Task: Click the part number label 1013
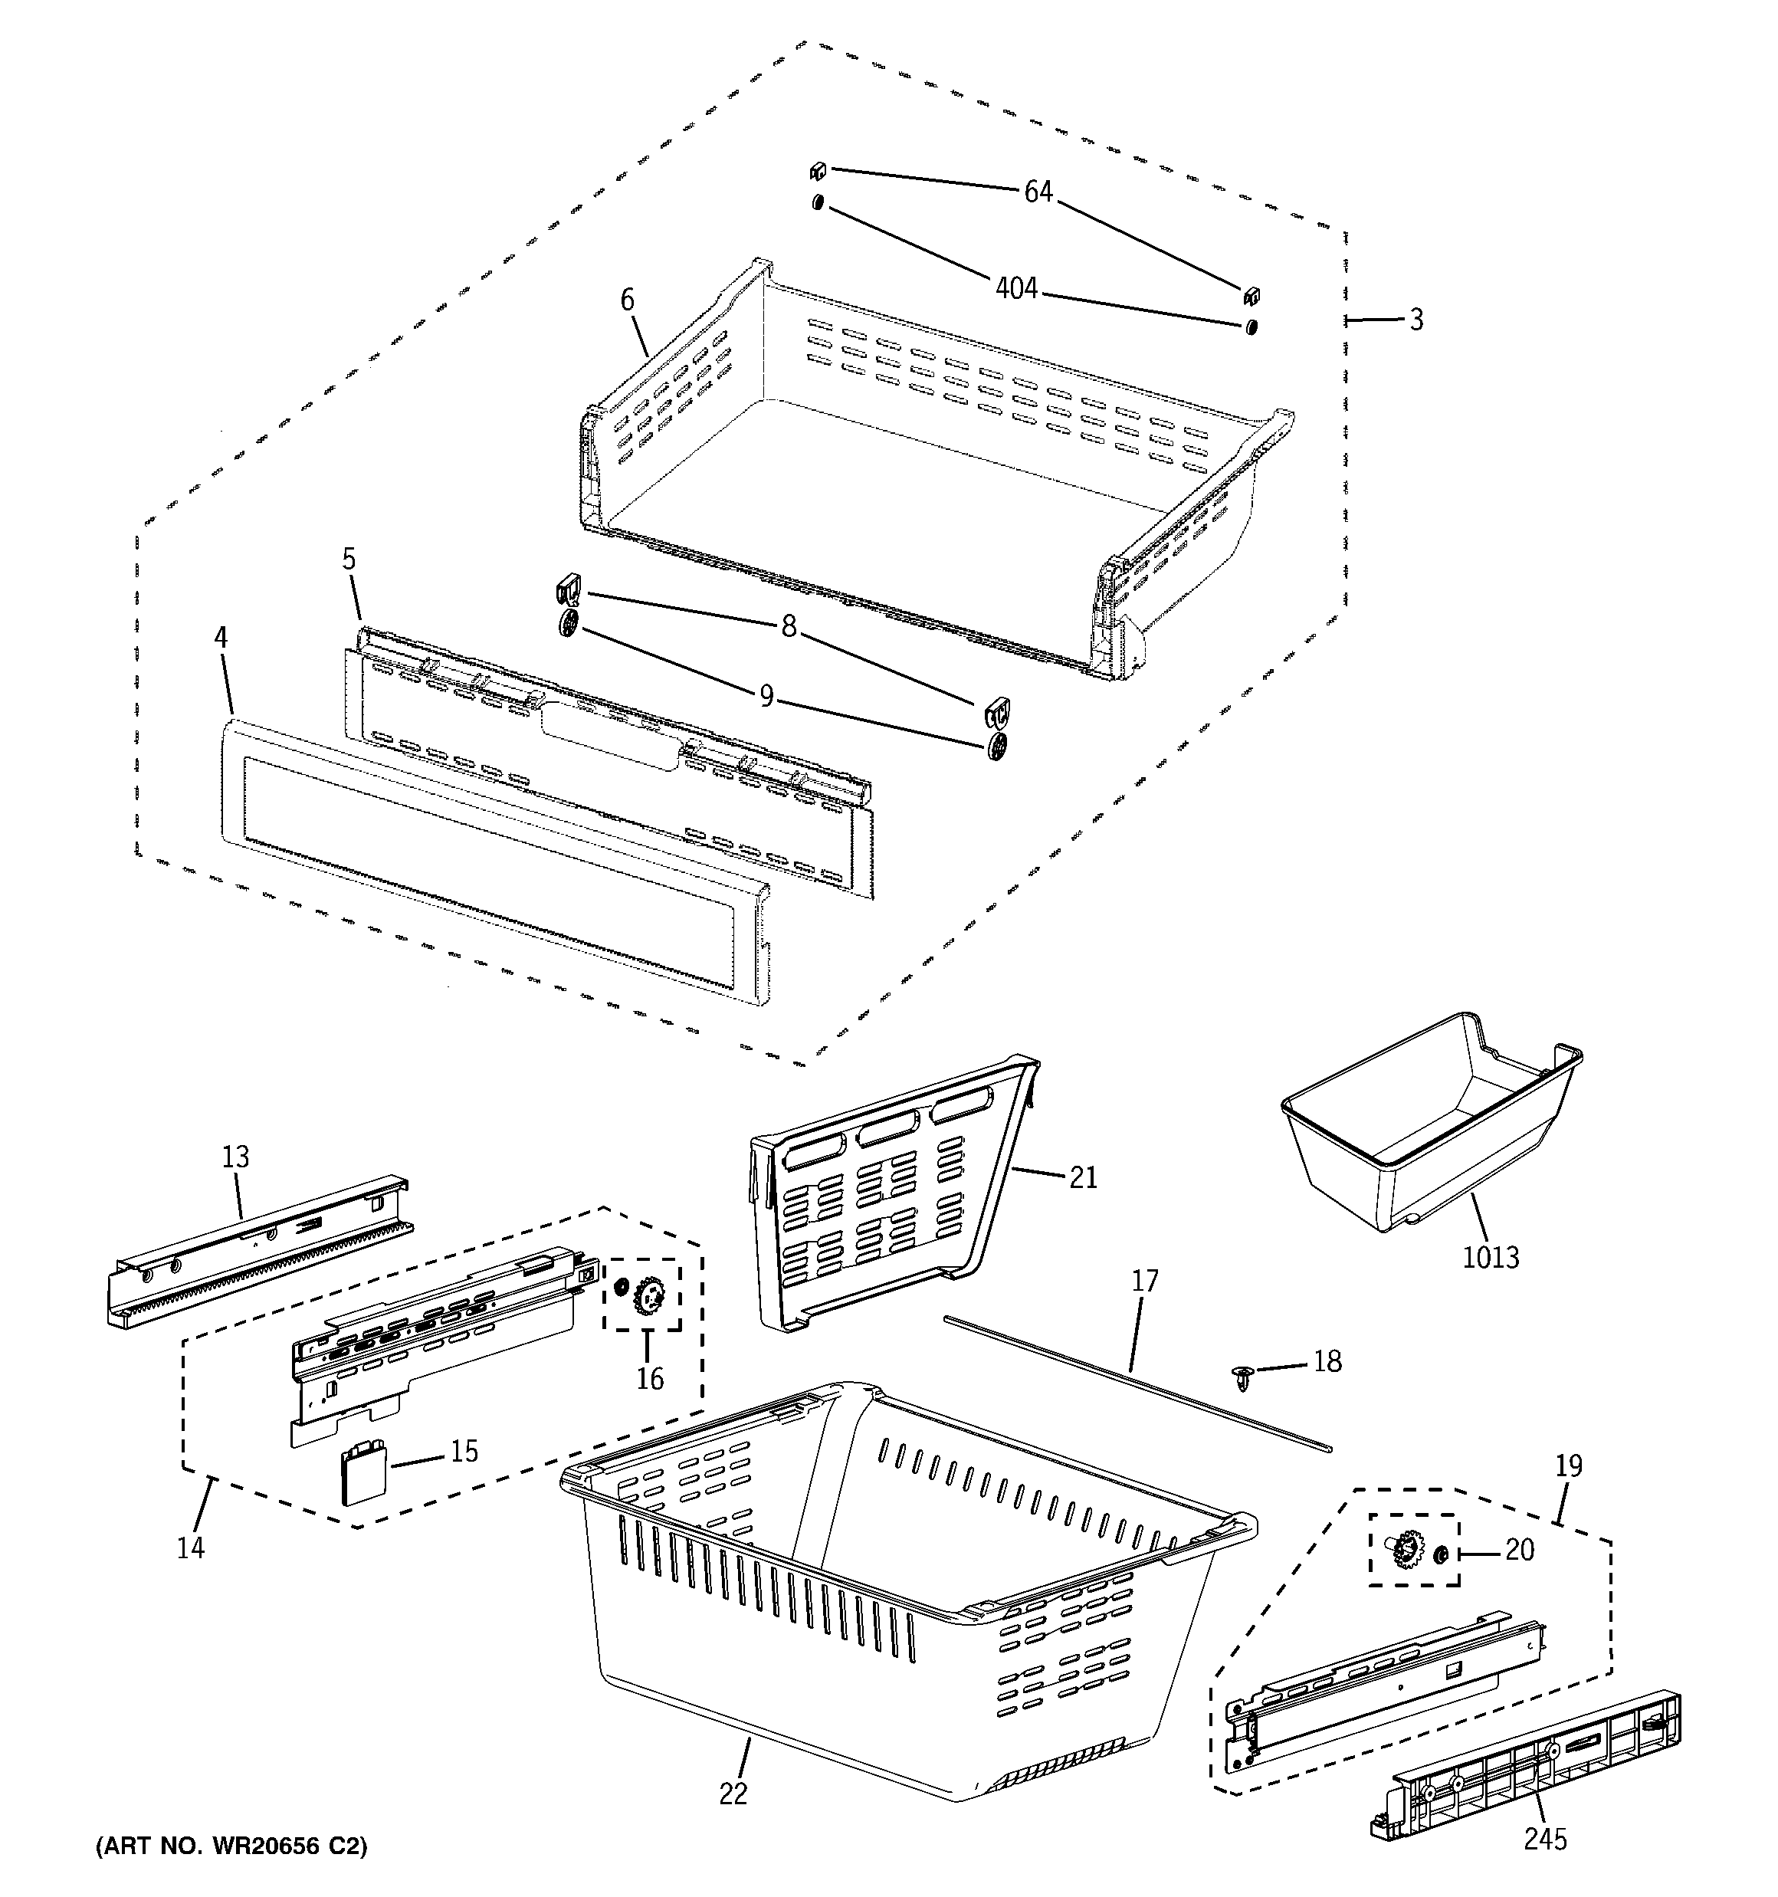pos(1491,1258)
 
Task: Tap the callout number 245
pos(1544,1839)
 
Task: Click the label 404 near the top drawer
pos(1015,287)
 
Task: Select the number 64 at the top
pos(1038,192)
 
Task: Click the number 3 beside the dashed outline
pos(1416,320)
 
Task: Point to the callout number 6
pos(627,300)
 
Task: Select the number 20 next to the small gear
pos(1520,1550)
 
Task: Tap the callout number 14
pos(191,1547)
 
